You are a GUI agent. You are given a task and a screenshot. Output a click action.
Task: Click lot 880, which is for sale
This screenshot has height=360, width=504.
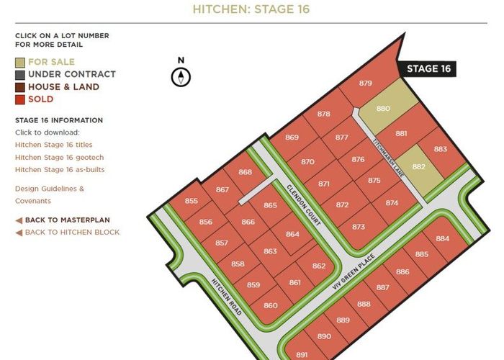(x=383, y=109)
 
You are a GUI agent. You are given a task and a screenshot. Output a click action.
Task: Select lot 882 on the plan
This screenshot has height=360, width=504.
(x=419, y=167)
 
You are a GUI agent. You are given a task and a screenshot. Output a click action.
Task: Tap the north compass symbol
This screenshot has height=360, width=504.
(x=181, y=76)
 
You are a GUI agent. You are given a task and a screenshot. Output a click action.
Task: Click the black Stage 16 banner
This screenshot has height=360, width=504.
(x=428, y=68)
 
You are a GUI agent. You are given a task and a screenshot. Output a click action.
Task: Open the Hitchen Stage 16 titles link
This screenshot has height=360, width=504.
(x=53, y=145)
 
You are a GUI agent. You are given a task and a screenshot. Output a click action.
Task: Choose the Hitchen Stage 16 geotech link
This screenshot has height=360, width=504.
(x=59, y=157)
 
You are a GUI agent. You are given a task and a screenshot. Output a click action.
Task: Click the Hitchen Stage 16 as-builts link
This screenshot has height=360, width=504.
(x=60, y=169)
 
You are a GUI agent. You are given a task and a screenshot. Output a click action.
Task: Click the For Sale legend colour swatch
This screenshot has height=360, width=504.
(x=19, y=62)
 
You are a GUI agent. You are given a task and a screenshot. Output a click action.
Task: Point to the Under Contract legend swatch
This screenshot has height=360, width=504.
(x=19, y=74)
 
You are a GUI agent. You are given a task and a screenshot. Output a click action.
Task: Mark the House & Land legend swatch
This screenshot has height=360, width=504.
(x=19, y=86)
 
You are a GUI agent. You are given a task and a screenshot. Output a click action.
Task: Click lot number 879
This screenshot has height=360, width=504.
(x=365, y=84)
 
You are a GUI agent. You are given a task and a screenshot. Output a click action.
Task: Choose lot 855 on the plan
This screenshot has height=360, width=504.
(x=192, y=201)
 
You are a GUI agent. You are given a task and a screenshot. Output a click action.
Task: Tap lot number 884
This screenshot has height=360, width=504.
(x=442, y=238)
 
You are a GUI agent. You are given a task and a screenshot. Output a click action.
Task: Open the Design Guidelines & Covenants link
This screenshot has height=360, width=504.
(x=49, y=194)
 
